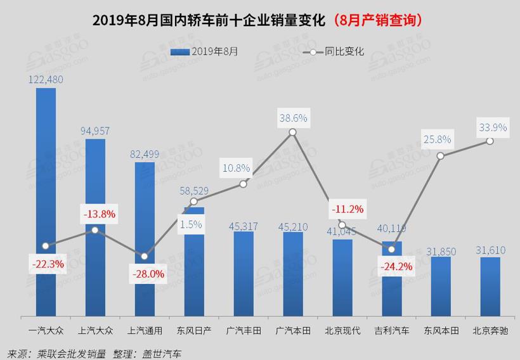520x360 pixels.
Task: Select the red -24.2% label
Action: click(x=396, y=267)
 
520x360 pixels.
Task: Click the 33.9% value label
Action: click(x=493, y=127)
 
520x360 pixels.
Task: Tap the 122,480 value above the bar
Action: click(x=46, y=79)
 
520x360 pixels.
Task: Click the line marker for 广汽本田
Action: click(x=292, y=132)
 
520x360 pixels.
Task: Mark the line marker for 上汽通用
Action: click(x=145, y=257)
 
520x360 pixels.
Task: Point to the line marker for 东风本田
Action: click(x=441, y=155)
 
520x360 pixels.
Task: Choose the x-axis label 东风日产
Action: click(x=195, y=330)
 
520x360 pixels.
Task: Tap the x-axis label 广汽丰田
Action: click(x=244, y=330)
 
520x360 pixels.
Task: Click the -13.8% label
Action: click(x=99, y=214)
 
